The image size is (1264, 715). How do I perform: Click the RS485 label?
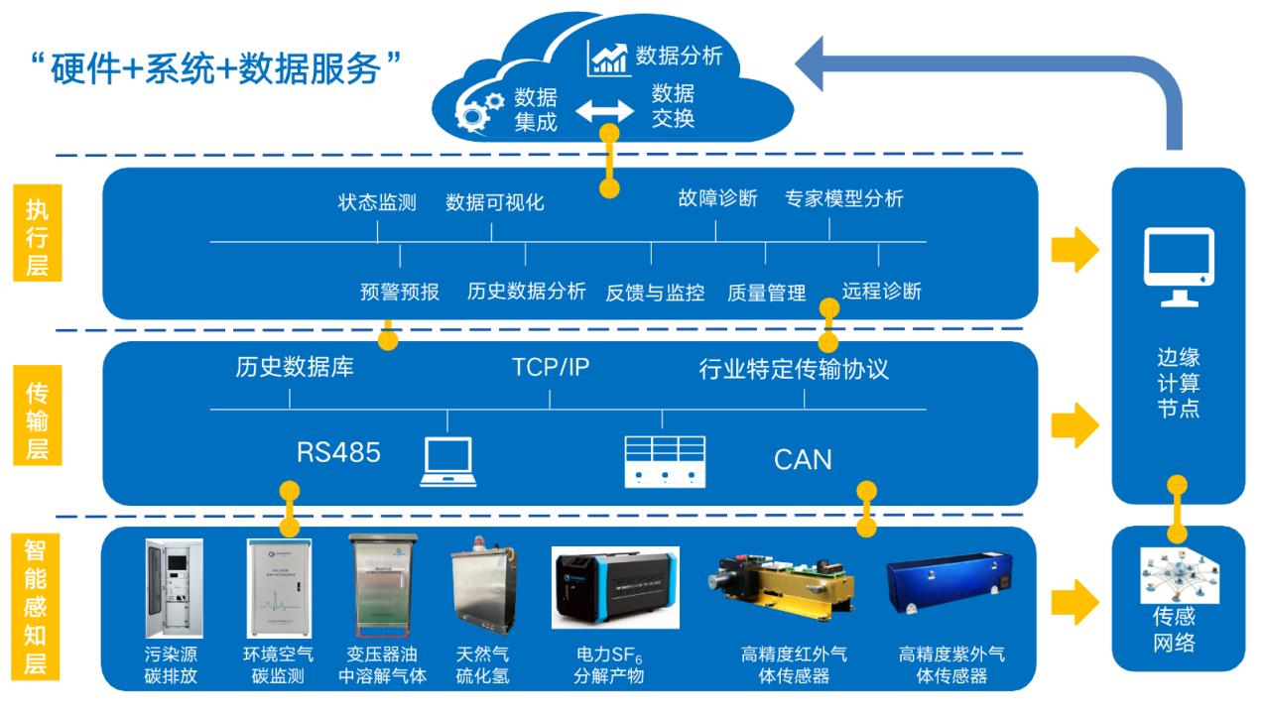pos(338,452)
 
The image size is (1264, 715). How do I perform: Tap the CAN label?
pos(803,459)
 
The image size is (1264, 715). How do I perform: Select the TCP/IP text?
pos(551,367)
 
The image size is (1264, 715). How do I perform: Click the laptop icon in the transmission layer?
pos(448,461)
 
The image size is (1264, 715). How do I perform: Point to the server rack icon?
pos(665,461)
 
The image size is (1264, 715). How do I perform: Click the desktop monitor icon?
pos(1179,267)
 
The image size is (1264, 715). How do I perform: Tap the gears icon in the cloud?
pos(478,112)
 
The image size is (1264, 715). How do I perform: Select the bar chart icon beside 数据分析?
pos(607,59)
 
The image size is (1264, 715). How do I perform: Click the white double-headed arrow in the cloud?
pos(605,111)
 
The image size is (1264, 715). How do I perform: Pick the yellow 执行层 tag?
pos(38,232)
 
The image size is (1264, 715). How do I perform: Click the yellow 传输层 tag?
pos(38,416)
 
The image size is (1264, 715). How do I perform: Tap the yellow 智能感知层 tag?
pos(35,607)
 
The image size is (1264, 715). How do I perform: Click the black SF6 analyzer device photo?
pos(615,587)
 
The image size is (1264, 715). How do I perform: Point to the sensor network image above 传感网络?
pos(1180,575)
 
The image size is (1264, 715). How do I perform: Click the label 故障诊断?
pos(717,198)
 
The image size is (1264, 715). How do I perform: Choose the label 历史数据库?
pos(295,367)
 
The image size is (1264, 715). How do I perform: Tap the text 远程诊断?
pos(881,292)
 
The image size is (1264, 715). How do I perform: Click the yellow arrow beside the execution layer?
pos(1074,249)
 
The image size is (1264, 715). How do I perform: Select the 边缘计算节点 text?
pos(1179,383)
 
